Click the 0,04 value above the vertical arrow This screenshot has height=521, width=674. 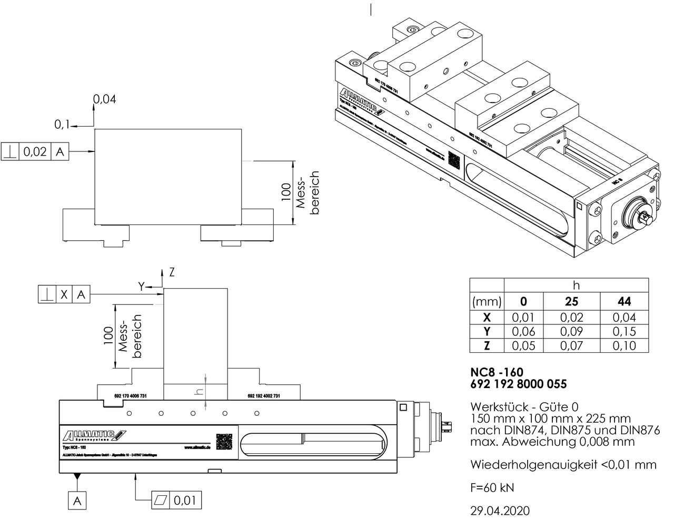pyautogui.click(x=105, y=99)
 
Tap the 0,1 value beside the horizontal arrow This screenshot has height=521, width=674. pyautogui.click(x=62, y=125)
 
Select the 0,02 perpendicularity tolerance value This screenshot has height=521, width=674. pyautogui.click(x=35, y=152)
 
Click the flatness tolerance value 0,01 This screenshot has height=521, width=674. pyautogui.click(x=185, y=499)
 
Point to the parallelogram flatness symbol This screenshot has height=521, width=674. pyautogui.click(x=161, y=499)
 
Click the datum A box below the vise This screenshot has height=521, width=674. pyautogui.click(x=77, y=501)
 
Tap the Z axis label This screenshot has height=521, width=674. pyautogui.click(x=172, y=272)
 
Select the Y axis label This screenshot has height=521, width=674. pyautogui.click(x=141, y=286)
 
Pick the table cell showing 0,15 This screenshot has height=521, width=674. pyautogui.click(x=624, y=332)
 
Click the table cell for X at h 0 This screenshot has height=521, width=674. pyautogui.click(x=523, y=318)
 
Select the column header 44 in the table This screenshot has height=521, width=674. pyautogui.click(x=624, y=302)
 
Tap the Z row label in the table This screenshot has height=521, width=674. pyautogui.click(x=487, y=346)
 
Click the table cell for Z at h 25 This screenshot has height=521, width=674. pyautogui.click(x=571, y=346)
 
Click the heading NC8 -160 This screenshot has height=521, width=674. pyautogui.click(x=497, y=372)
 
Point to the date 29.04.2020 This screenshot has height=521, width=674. pyautogui.click(x=500, y=510)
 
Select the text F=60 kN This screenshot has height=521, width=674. pyautogui.click(x=492, y=487)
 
